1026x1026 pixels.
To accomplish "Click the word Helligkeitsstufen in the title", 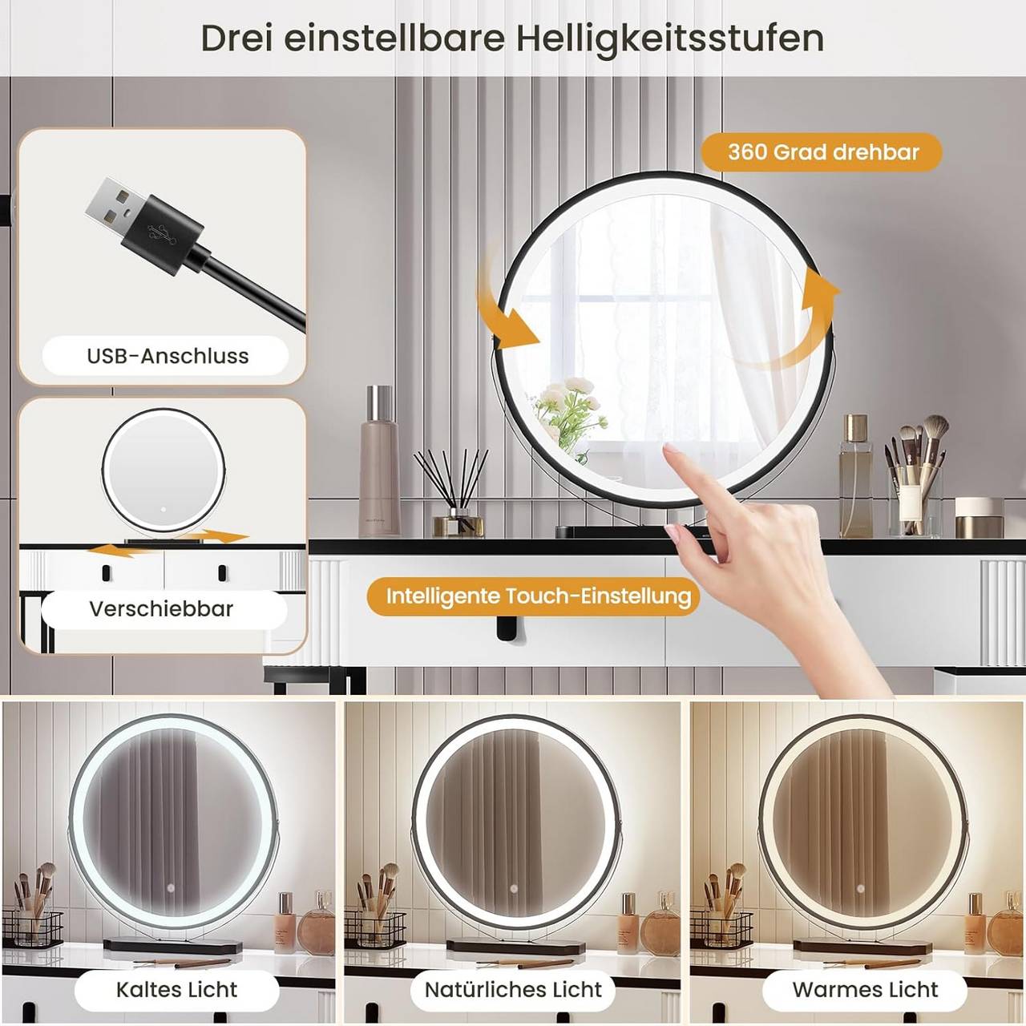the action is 670,38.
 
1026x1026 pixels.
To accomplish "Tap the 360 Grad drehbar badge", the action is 822,152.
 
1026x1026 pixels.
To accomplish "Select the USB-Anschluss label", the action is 168,356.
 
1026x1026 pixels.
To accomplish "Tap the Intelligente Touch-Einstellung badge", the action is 538,596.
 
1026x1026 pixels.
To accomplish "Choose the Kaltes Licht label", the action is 176,989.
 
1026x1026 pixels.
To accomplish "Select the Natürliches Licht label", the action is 513,989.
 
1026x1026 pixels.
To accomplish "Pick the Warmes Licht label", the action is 865,989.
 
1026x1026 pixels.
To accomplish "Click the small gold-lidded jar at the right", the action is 980,518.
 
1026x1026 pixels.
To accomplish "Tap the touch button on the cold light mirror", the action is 171,888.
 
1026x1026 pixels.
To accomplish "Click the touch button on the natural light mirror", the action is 513,889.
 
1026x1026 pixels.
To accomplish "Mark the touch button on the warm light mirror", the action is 860,889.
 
